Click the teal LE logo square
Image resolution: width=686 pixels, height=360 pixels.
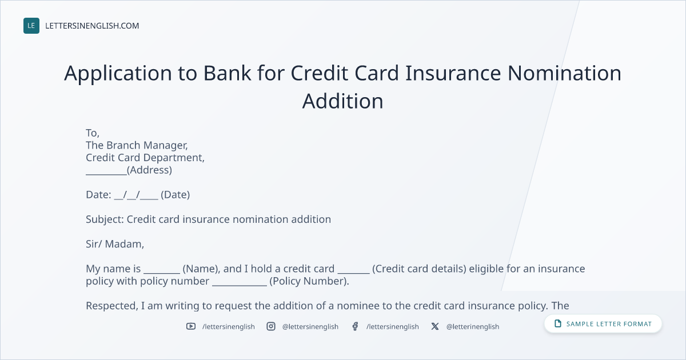[31, 26]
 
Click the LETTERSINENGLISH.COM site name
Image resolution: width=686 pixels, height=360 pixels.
[92, 26]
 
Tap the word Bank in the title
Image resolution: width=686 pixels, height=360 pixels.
[228, 73]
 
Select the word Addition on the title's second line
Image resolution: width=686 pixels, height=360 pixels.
[342, 101]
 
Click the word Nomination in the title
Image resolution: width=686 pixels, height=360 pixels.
[564, 73]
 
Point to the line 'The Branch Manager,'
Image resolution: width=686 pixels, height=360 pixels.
[137, 145]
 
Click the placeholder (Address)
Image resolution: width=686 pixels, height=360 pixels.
[149, 170]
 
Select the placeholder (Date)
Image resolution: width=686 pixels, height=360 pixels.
[175, 195]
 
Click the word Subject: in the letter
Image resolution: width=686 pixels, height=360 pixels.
[105, 219]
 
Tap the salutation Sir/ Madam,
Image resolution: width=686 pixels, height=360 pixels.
[115, 244]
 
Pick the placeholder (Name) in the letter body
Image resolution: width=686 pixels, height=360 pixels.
[201, 269]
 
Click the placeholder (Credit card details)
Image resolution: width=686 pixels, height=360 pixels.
[419, 269]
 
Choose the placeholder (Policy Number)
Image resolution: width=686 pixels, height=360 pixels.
[309, 281]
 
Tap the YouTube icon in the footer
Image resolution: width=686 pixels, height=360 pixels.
[191, 326]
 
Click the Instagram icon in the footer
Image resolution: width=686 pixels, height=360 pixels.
[271, 326]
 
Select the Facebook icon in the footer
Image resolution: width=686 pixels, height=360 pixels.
[355, 326]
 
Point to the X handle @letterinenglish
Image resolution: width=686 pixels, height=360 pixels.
[473, 327]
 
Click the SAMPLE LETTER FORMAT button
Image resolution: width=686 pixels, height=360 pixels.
[603, 323]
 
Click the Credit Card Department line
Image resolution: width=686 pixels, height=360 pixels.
[145, 158]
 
